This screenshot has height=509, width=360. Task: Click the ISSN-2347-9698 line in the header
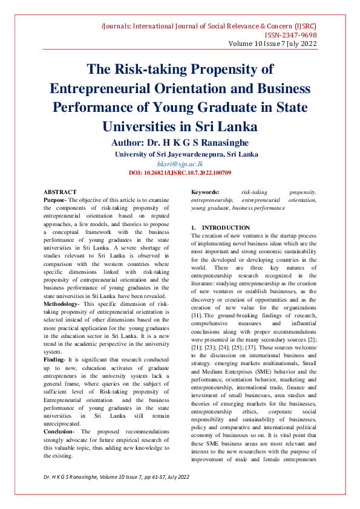point(287,35)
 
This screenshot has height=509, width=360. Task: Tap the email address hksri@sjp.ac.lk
point(180,164)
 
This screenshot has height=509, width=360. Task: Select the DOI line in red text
point(180,173)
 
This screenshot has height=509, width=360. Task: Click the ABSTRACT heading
point(60,192)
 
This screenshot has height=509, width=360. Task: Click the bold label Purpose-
point(56,199)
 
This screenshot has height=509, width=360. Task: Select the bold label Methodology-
point(62,287)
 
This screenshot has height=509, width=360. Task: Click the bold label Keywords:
point(205,192)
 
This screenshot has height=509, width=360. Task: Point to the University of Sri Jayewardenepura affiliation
point(186,154)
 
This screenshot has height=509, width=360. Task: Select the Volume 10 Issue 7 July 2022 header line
point(272,44)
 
